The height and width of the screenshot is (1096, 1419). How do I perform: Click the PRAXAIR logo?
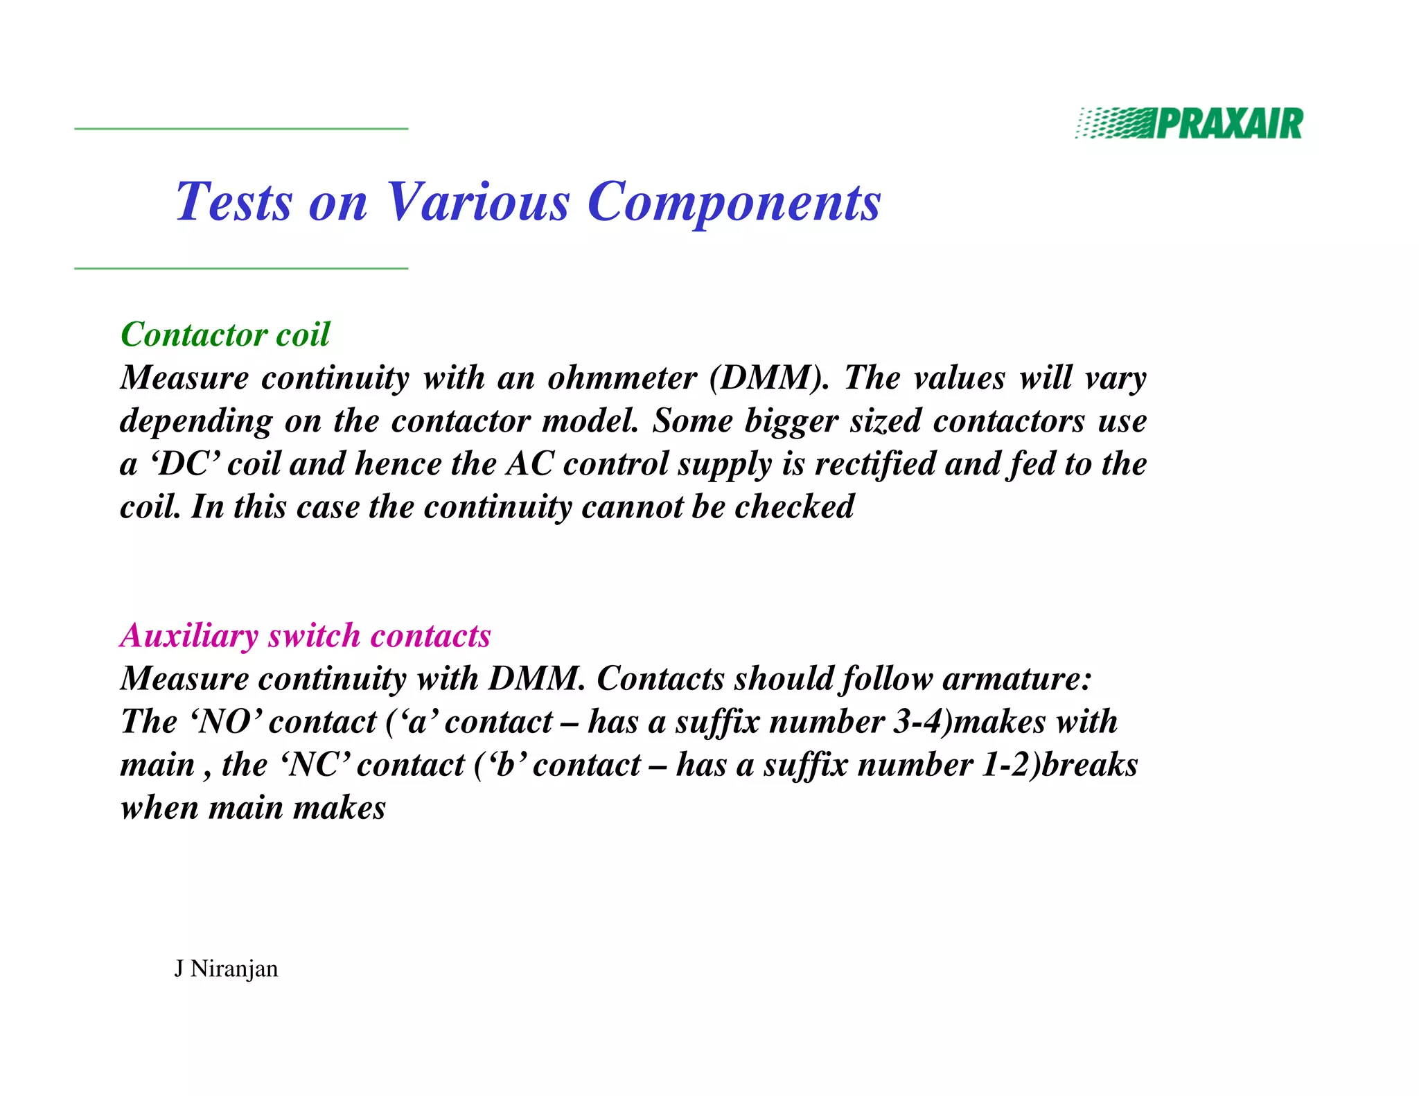(x=1189, y=124)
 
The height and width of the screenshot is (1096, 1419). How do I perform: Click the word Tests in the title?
(x=234, y=202)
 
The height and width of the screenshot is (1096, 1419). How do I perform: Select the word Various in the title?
(x=477, y=202)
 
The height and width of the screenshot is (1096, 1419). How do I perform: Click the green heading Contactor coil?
(x=225, y=335)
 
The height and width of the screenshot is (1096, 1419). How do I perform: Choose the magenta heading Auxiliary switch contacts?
(x=306, y=636)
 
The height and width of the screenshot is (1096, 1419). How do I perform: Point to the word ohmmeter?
(x=622, y=378)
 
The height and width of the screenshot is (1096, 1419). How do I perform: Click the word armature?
(x=1016, y=679)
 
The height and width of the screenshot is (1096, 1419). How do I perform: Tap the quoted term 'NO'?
(x=225, y=722)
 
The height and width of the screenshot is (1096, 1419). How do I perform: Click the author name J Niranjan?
(x=226, y=969)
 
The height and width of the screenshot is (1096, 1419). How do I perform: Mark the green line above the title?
(x=241, y=129)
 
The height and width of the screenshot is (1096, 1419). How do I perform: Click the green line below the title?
(x=241, y=268)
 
